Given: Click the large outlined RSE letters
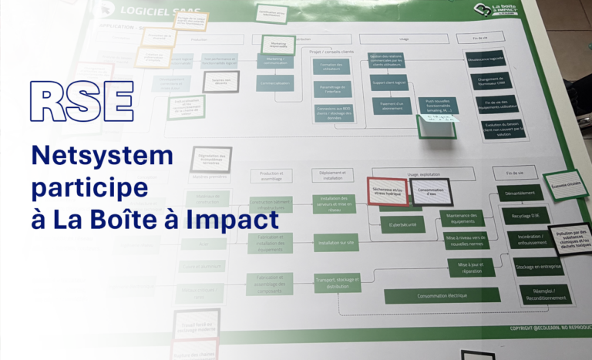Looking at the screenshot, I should click(x=82, y=100).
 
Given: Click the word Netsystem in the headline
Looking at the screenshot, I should click(x=103, y=156).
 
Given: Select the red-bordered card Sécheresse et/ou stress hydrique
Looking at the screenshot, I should click(x=387, y=192).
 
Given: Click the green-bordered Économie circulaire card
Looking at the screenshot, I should click(x=564, y=185).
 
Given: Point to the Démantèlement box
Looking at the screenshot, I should click(x=520, y=193).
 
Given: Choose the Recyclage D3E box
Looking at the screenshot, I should click(x=525, y=216).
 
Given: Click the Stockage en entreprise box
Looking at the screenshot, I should click(x=537, y=266).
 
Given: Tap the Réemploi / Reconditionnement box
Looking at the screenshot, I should click(x=544, y=294).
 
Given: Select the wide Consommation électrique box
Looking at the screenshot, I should click(x=436, y=295).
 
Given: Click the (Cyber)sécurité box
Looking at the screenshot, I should click(x=402, y=224).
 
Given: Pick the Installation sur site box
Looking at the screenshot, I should click(x=336, y=243).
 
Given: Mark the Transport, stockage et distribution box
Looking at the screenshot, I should click(x=337, y=282).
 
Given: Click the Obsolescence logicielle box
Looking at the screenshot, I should click(x=485, y=59).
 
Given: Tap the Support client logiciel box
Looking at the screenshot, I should click(x=390, y=83).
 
